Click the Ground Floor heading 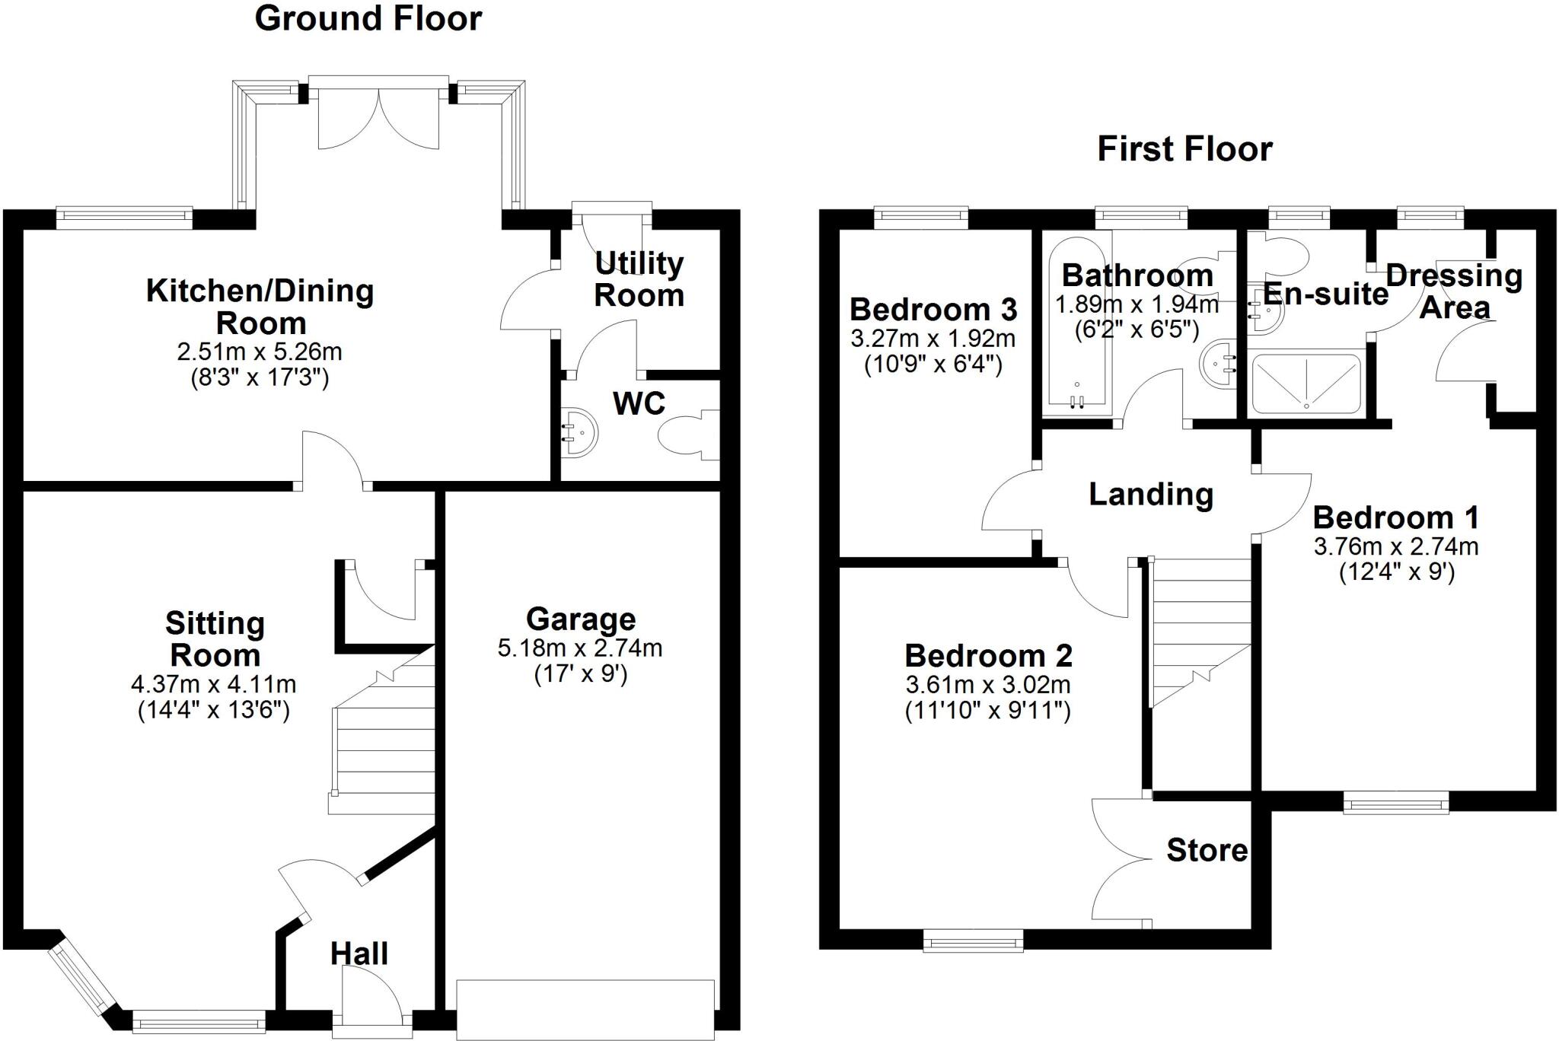tap(368, 18)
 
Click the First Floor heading tap(1184, 148)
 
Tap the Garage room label tap(581, 619)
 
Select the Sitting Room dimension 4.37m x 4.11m tap(214, 684)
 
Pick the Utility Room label tap(639, 279)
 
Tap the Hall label tap(359, 953)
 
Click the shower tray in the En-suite tap(1306, 383)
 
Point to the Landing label tap(1151, 495)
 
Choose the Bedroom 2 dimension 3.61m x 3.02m tap(988, 685)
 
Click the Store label tap(1207, 850)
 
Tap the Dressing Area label tap(1454, 291)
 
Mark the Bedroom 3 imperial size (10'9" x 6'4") tap(933, 365)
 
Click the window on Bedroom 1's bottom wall tap(1396, 802)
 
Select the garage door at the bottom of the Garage tap(585, 1010)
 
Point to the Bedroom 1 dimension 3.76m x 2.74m tap(1396, 547)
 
